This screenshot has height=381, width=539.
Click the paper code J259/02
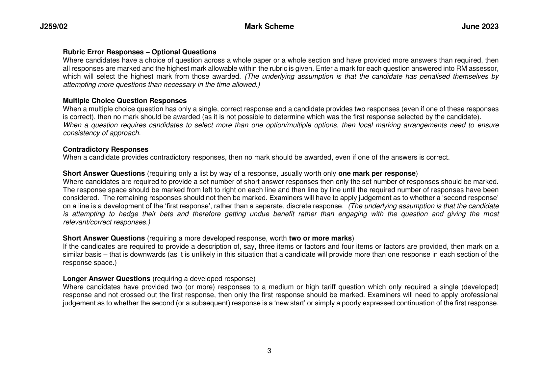(x=54, y=27)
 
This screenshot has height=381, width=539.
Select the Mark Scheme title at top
(x=269, y=27)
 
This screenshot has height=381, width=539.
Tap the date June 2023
(x=480, y=27)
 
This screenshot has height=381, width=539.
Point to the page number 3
(x=269, y=351)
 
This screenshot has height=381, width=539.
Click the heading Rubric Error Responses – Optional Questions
(x=140, y=52)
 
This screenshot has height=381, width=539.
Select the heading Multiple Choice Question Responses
(x=125, y=101)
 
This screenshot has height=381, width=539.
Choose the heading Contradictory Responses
(x=106, y=149)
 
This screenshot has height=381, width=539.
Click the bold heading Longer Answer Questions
(x=107, y=279)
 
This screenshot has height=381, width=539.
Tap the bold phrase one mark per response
(x=377, y=173)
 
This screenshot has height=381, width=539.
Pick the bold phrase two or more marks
(x=320, y=238)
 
